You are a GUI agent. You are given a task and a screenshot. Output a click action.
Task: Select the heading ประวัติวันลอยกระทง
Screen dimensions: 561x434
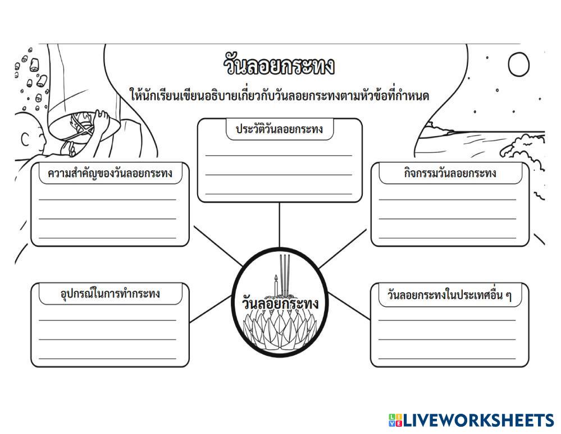click(279, 129)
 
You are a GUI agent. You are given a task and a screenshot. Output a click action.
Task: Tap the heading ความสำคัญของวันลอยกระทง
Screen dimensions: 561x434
click(110, 174)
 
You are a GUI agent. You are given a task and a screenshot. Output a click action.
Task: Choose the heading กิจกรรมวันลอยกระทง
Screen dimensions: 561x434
click(450, 173)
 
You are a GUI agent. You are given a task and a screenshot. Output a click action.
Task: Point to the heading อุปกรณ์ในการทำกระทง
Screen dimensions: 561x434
click(110, 293)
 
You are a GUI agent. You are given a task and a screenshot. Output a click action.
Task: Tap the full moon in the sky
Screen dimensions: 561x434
click(518, 65)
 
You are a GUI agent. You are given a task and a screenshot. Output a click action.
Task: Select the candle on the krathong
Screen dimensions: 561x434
click(276, 285)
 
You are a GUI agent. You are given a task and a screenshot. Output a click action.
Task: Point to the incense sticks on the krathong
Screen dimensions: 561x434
click(286, 273)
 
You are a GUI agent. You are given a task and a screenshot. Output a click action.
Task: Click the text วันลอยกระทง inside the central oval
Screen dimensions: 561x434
click(279, 304)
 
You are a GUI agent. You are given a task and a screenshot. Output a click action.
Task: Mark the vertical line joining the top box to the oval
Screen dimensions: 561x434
click(279, 225)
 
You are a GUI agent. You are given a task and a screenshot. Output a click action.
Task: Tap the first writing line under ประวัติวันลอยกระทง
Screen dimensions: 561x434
click(279, 155)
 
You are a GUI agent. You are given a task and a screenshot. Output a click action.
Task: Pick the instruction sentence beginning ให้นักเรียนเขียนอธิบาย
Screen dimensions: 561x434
click(279, 96)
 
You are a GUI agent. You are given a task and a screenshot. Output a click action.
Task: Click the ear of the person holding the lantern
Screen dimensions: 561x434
click(23, 138)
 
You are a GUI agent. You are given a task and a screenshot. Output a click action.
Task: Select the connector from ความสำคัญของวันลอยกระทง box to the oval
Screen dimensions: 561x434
click(216, 245)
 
